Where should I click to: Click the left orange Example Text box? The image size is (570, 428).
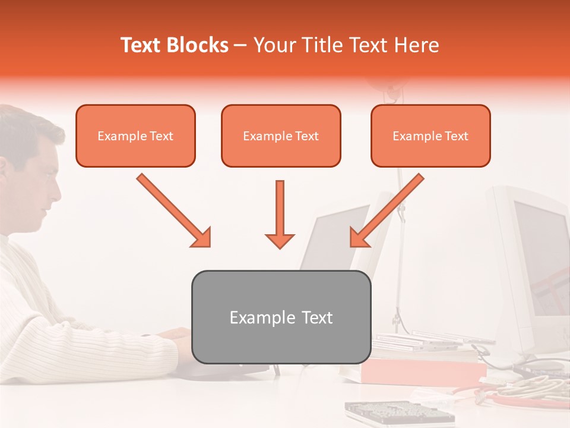[x=135, y=136]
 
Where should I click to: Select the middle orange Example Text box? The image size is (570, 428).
[x=281, y=136]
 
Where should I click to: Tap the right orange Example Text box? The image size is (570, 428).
[x=430, y=136]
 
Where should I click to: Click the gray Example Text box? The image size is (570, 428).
[x=281, y=317]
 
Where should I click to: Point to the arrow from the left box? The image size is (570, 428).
[x=173, y=210]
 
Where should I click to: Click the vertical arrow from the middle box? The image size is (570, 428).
[x=280, y=214]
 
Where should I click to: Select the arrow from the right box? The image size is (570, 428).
[x=387, y=210]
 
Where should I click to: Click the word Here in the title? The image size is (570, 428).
[x=417, y=45]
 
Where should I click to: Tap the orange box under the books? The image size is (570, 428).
[x=422, y=372]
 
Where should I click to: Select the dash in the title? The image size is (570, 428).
[x=240, y=45]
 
